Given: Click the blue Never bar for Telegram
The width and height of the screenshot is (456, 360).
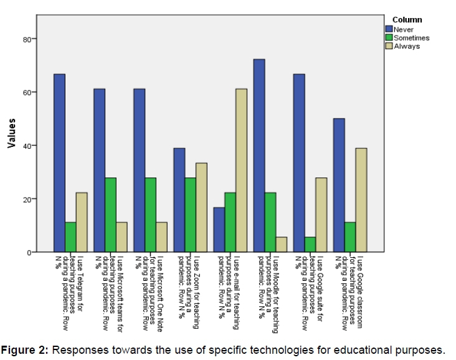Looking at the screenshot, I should tap(59, 163).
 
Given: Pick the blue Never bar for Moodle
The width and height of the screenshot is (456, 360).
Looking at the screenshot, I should tap(259, 155).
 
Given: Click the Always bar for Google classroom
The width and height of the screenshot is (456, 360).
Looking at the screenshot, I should tap(361, 200).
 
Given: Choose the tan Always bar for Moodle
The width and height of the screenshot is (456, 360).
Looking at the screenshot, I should tap(281, 244).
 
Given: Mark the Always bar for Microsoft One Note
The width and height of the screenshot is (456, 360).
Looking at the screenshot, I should tap(161, 237).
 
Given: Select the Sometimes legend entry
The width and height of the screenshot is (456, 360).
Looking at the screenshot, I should tap(411, 38).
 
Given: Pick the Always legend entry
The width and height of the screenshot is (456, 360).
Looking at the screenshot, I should tap(407, 46).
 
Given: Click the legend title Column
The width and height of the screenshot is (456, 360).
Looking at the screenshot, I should tap(407, 21).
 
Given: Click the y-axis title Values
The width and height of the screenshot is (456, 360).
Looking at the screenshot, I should tap(11, 134).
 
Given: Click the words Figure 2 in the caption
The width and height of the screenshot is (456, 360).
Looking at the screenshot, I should tap(24, 349).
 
